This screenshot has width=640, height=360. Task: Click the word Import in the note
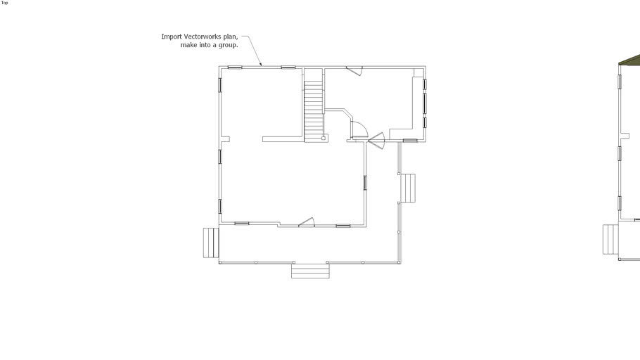click(172, 37)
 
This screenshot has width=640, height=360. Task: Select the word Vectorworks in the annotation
click(202, 37)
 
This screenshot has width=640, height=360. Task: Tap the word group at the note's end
click(228, 45)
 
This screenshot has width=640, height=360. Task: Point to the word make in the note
click(188, 45)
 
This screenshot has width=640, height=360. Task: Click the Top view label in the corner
click(4, 3)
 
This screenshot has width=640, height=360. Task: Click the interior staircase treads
click(314, 110)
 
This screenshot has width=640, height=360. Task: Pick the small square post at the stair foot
click(324, 138)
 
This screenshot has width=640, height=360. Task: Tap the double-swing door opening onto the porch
click(377, 141)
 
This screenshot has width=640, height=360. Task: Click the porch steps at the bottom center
click(310, 271)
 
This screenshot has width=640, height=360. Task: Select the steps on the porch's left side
click(211, 243)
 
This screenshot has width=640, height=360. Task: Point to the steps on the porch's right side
click(407, 188)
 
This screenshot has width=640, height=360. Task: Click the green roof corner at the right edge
click(632, 60)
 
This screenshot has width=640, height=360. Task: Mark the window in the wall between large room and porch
click(365, 183)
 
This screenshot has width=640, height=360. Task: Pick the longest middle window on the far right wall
click(425, 103)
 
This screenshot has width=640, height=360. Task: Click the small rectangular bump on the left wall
click(225, 139)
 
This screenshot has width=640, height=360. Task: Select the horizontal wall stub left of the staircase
click(283, 139)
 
